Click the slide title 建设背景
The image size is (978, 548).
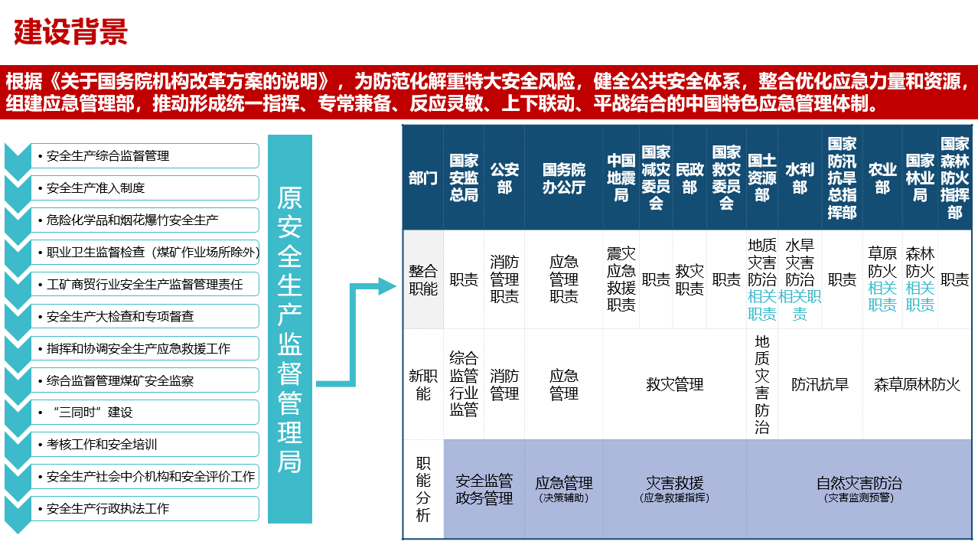coord(70,32)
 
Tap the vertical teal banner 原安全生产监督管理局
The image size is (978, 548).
coord(290,329)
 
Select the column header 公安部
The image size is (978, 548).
coord(504,178)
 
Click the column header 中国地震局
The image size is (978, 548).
coord(621,178)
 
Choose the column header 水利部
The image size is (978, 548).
coord(800,178)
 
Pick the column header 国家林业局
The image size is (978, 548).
coord(920,178)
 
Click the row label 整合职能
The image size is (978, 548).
coord(423,279)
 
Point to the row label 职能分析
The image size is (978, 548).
coord(423,489)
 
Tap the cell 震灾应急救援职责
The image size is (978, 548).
coord(621,279)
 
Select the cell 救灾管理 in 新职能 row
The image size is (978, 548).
coord(674,384)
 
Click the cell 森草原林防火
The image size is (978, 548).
coord(917,384)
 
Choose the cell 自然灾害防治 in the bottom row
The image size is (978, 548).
coord(859,483)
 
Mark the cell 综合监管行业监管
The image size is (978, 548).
coord(464,383)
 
